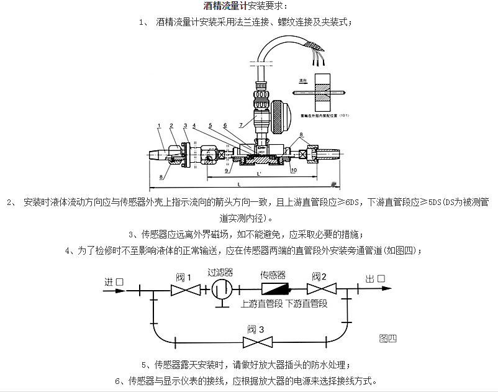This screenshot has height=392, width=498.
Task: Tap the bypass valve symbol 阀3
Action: [x=255, y=342]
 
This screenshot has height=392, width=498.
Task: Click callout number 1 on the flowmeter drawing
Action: [x=158, y=126]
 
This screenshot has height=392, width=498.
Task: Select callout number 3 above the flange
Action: [x=185, y=126]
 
